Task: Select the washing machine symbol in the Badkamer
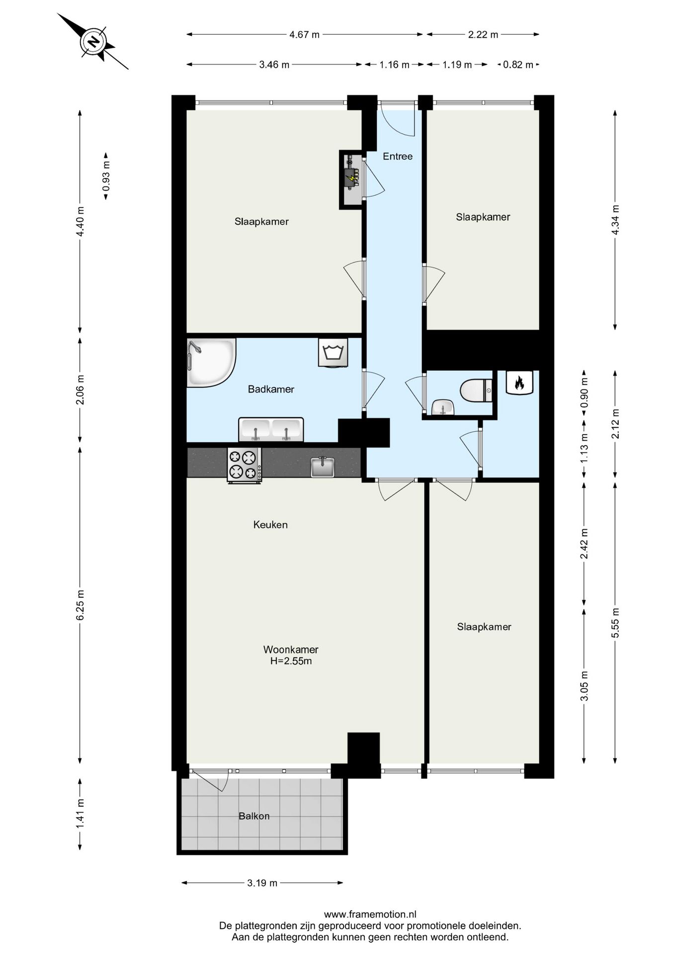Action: point(333,353)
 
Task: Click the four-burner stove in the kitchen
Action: point(244,465)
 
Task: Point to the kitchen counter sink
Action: point(323,467)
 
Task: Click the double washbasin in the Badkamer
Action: point(271,429)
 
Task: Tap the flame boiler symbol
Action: point(519,382)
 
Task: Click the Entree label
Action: point(398,156)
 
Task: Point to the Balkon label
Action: point(254,816)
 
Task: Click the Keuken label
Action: point(270,524)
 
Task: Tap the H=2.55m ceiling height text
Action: point(291,661)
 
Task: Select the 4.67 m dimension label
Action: point(304,34)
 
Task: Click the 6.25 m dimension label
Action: point(80,604)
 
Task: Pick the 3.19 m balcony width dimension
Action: point(262,883)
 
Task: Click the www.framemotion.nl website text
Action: point(370,914)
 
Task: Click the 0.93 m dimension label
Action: point(105,176)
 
